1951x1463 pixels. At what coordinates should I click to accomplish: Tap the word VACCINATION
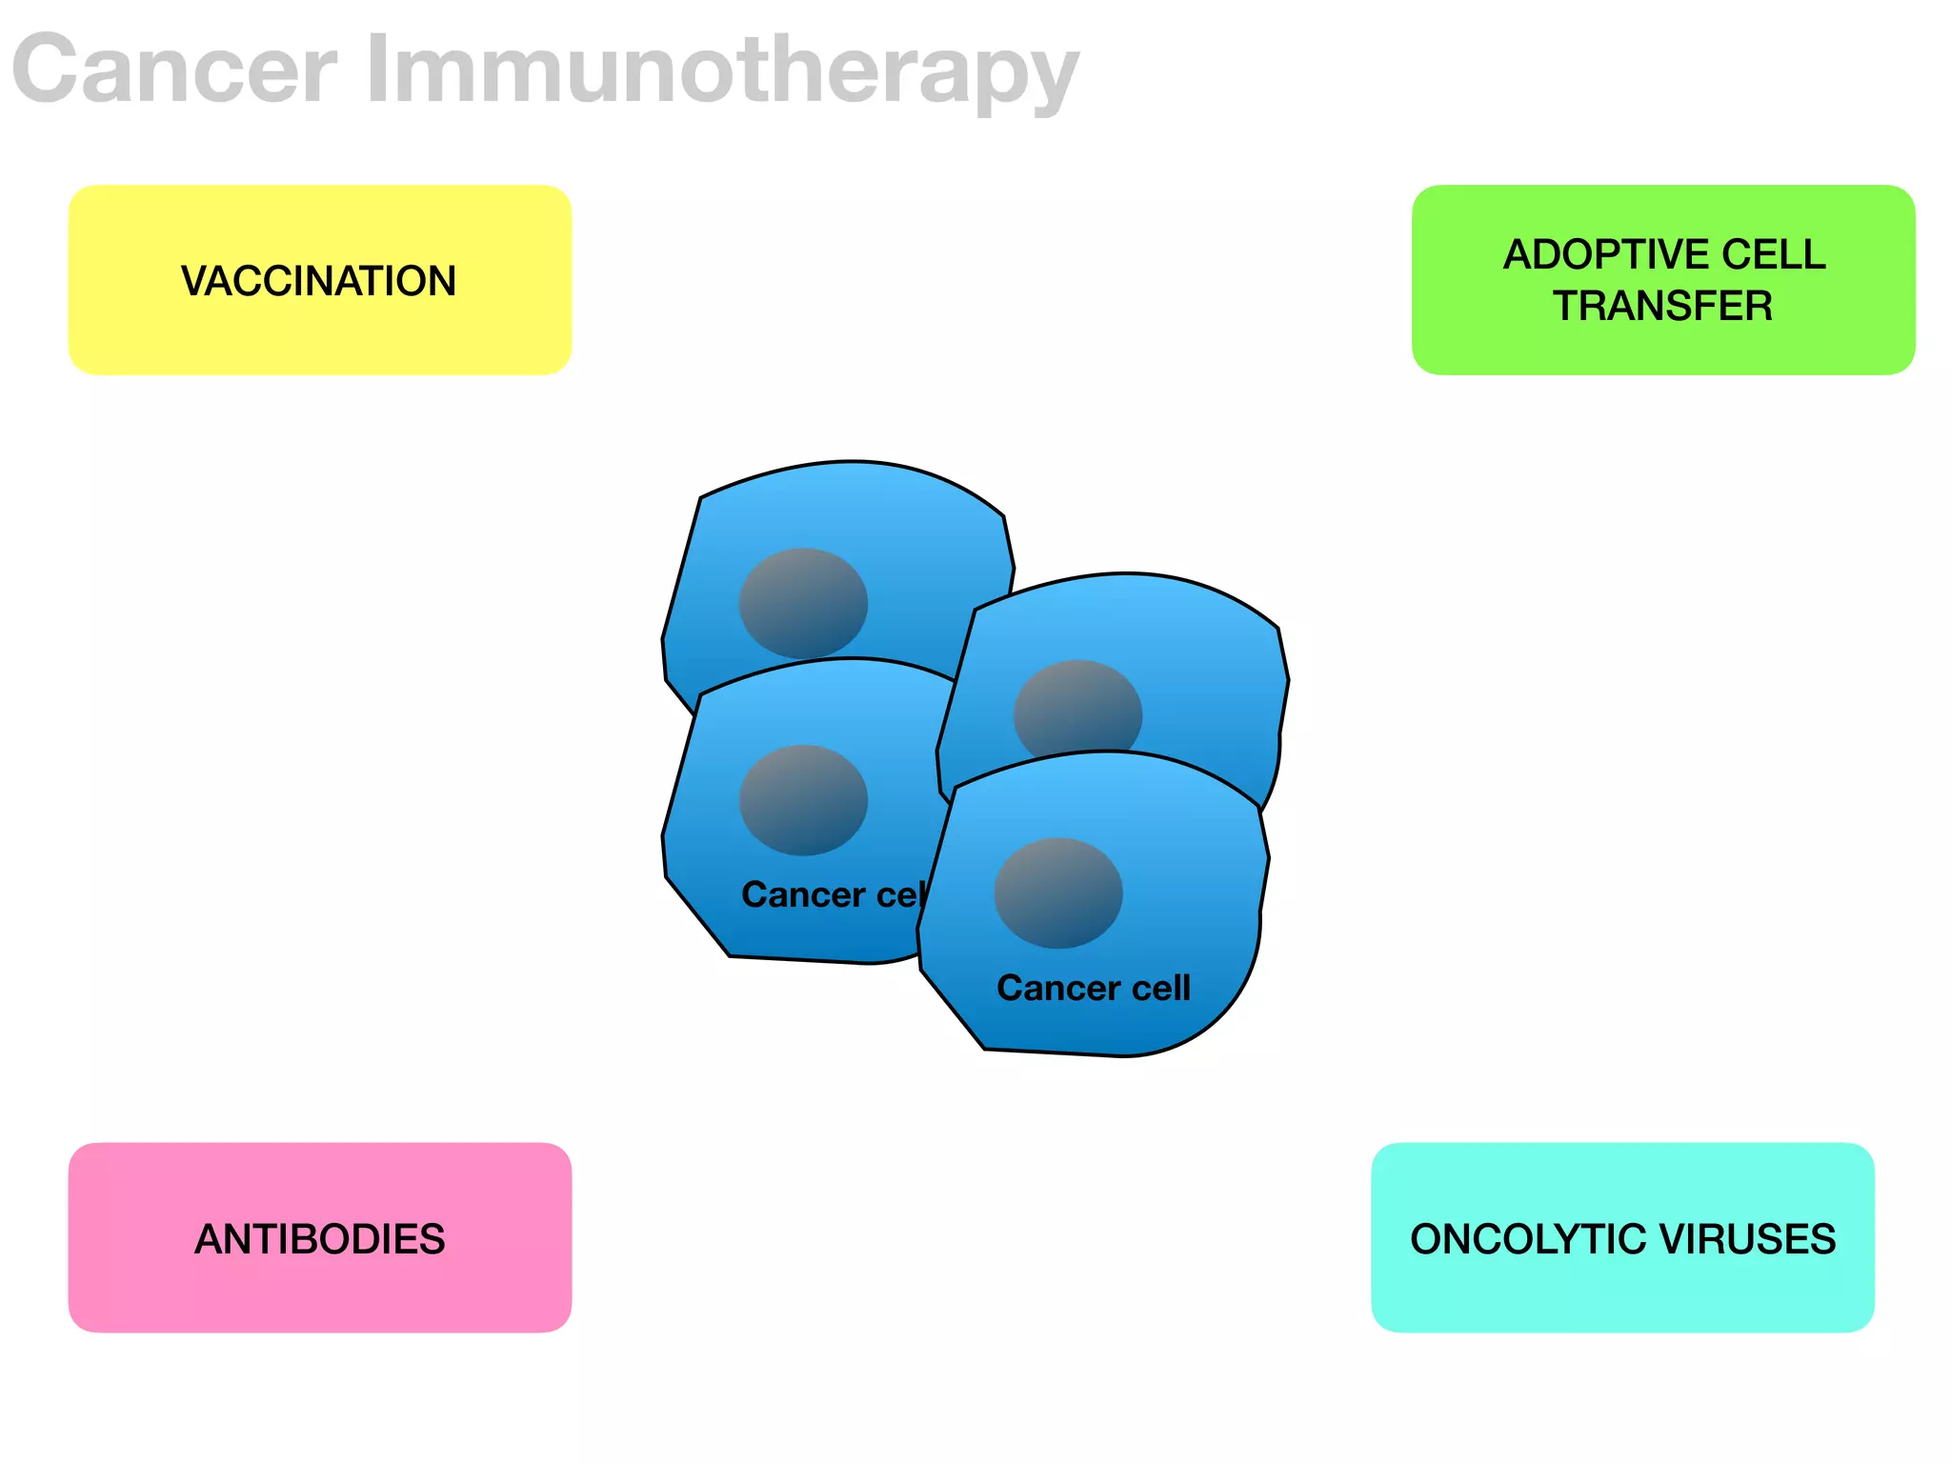pyautogui.click(x=319, y=281)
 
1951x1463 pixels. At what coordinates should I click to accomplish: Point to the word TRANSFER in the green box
pyautogui.click(x=1662, y=306)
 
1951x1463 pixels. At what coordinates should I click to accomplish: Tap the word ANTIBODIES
pyautogui.click(x=319, y=1239)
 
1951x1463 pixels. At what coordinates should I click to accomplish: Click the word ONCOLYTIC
pyautogui.click(x=1528, y=1239)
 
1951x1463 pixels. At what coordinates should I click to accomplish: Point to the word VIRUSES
pyautogui.click(x=1747, y=1239)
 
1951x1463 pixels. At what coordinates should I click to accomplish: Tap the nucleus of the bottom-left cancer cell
pyautogui.click(x=803, y=800)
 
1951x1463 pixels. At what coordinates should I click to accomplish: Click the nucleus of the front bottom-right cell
pyautogui.click(x=1057, y=892)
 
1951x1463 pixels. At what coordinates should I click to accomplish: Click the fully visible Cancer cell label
pyautogui.click(x=1094, y=988)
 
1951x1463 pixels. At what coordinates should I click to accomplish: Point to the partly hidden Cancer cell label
pyautogui.click(x=829, y=894)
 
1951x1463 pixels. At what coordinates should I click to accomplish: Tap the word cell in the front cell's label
pyautogui.click(x=1161, y=988)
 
